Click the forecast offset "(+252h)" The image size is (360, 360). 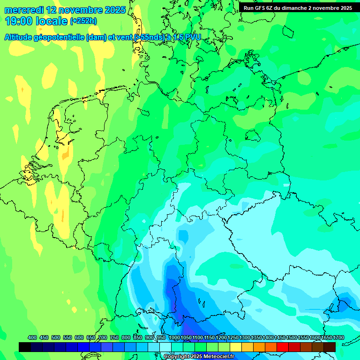pyautogui.click(x=83, y=21)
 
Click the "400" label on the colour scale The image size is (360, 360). pyautogui.click(x=32, y=337)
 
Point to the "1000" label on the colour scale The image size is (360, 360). pyautogui.click(x=174, y=337)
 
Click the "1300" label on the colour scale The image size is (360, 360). pyautogui.click(x=245, y=337)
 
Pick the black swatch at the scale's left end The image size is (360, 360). pyautogui.click(x=25, y=347)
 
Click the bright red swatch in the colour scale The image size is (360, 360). pyautogui.click(x=283, y=347)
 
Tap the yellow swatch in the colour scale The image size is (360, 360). pyautogui.click(x=236, y=347)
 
